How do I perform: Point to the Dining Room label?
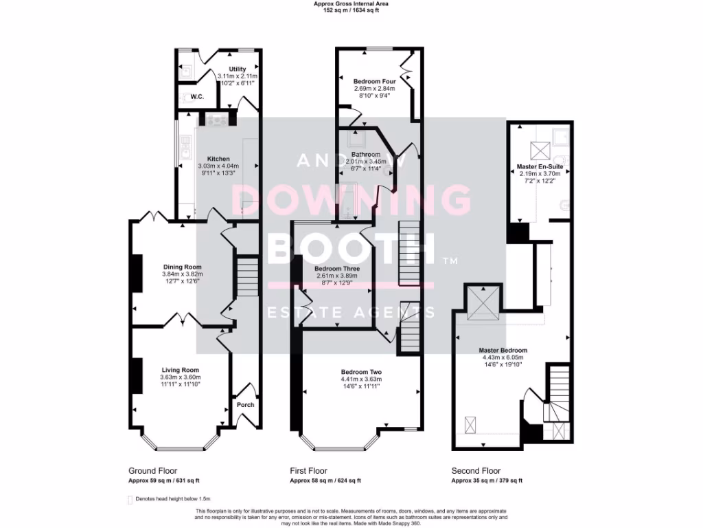point(183,267)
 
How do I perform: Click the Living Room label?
point(180,370)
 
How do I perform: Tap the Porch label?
point(245,404)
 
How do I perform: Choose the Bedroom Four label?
point(375,81)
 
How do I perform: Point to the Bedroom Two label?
point(361,372)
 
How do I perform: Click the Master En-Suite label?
point(540,167)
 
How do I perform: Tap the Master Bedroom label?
point(503,350)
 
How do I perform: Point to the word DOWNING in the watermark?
point(351,200)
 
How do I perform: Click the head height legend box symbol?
point(130,499)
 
